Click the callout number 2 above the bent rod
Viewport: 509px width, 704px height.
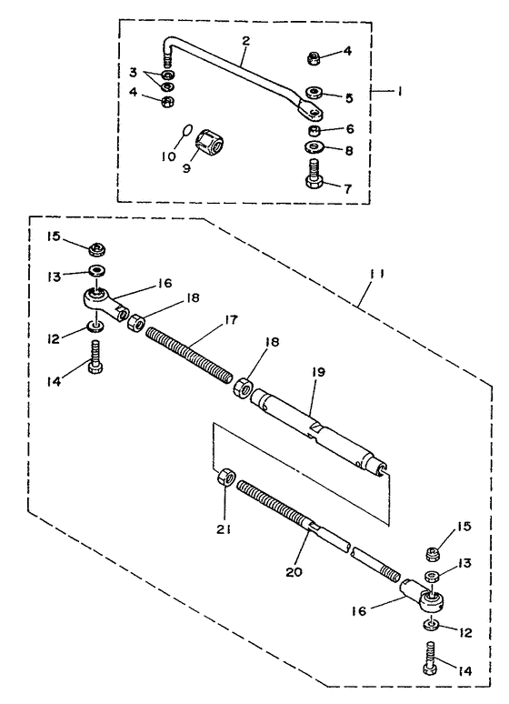(245, 41)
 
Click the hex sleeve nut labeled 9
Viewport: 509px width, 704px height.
(210, 141)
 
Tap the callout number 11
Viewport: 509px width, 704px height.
(377, 274)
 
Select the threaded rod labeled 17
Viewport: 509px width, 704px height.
(189, 355)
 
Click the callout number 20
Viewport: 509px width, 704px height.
(294, 572)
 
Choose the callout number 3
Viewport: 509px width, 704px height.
(133, 72)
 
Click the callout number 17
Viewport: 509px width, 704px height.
(231, 319)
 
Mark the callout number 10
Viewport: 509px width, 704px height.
(169, 156)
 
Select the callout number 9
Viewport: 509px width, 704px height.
(186, 167)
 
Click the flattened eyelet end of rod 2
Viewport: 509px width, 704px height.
(311, 110)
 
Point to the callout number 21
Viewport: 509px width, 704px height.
(224, 529)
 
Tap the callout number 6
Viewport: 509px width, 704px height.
(350, 129)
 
